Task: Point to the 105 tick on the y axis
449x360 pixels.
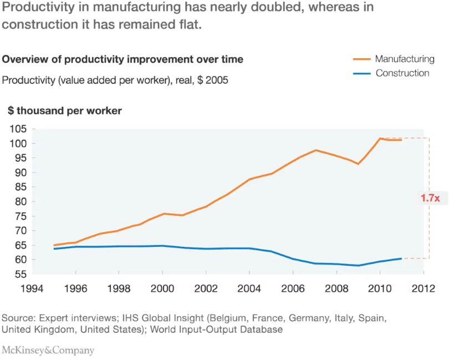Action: pos(18,129)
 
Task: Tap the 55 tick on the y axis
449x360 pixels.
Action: pos(21,274)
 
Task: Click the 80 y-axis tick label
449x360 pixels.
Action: pos(21,201)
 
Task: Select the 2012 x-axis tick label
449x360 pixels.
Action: pos(424,288)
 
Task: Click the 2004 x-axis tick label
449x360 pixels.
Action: pos(249,288)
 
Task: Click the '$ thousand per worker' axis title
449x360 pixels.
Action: pos(65,111)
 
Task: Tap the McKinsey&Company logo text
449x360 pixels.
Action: pos(48,351)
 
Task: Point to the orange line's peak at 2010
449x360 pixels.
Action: pos(380,138)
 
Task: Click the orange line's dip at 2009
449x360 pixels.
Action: pos(358,164)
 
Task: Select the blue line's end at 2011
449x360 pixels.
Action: pos(401,258)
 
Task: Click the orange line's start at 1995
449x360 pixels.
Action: pos(54,245)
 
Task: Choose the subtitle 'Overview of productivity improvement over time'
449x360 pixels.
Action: pos(123,59)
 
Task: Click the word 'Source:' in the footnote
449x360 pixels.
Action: pos(19,319)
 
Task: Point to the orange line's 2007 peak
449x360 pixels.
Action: pos(315,150)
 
